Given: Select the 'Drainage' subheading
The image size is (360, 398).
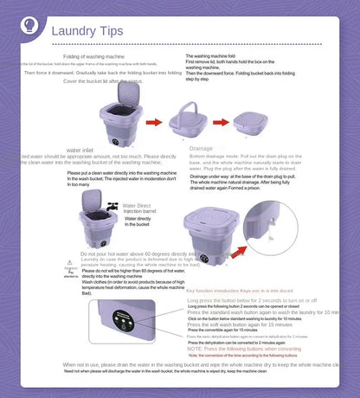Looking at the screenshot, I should (x=201, y=149).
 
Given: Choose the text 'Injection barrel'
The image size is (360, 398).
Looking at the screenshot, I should (x=141, y=210).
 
